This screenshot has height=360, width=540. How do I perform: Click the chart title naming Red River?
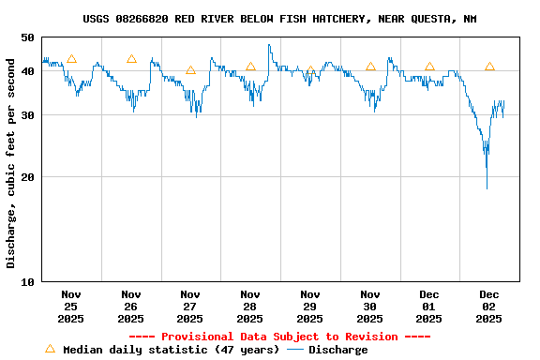(x=278, y=19)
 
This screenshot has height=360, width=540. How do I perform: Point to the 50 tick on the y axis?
(x=26, y=37)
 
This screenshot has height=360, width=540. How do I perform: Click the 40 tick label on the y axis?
(x=26, y=71)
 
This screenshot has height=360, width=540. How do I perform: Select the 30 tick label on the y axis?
(x=26, y=115)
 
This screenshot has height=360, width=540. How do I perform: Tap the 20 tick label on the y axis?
(x=26, y=177)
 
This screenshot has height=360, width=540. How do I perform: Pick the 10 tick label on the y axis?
(x=26, y=281)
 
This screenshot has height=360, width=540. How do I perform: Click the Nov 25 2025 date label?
(x=71, y=307)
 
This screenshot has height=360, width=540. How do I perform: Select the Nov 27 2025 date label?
(x=190, y=307)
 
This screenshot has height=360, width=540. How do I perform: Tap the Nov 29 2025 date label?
(x=309, y=307)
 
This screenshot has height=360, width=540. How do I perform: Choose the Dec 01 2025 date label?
(x=429, y=307)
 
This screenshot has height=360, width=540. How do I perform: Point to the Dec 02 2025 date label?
(x=488, y=307)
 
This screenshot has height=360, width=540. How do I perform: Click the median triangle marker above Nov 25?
(x=71, y=59)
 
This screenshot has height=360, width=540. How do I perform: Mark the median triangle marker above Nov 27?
(x=190, y=70)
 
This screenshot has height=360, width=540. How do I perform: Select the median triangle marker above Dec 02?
(x=489, y=67)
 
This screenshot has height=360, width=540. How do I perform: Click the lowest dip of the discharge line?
(x=487, y=187)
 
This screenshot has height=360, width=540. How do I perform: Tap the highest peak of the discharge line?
(x=269, y=45)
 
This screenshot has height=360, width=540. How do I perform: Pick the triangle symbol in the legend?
(x=50, y=349)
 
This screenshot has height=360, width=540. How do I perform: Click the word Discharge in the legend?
(x=337, y=350)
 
